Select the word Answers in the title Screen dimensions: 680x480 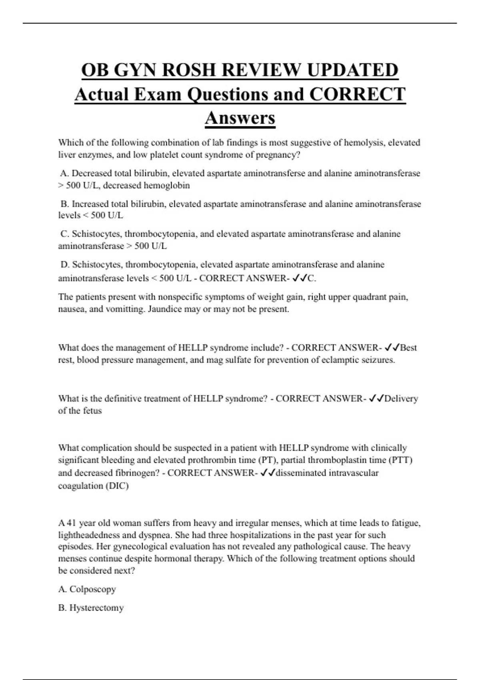point(240,118)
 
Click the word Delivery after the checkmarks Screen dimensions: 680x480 point(401,399)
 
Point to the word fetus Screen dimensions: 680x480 point(92,411)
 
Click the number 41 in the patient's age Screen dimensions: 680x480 point(71,523)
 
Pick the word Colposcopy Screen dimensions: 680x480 point(93,589)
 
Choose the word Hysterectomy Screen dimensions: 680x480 point(96,608)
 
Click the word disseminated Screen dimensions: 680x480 point(301,473)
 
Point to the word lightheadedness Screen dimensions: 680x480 point(89,535)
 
